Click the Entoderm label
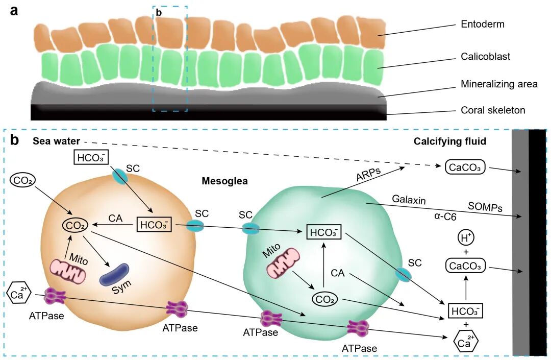tap(483, 24)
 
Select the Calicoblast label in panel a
tap(486, 56)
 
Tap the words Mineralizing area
tap(499, 84)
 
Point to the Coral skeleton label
tap(492, 110)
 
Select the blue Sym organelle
tap(115, 275)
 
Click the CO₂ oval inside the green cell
tap(327, 299)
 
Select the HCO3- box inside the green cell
tap(323, 232)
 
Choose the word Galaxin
tap(409, 199)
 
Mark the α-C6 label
tap(445, 217)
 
